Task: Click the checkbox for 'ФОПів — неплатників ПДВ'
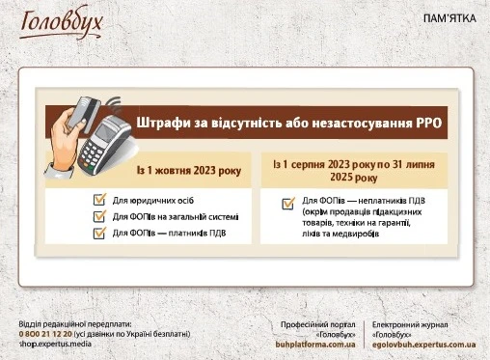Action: [x=287, y=203]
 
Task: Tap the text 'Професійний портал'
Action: [x=317, y=324]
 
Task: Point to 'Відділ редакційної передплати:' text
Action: [x=72, y=323]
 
